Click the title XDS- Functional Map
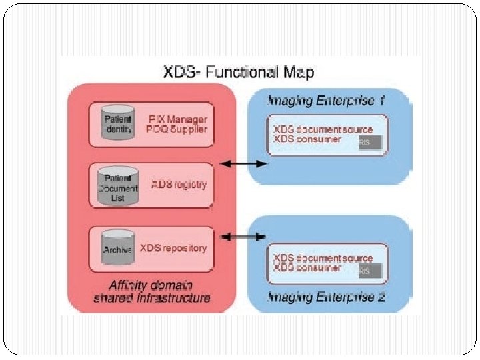tap(239, 71)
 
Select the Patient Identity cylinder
tap(118, 123)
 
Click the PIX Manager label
tap(178, 118)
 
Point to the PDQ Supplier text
tap(178, 129)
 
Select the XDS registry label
tap(179, 184)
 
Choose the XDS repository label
tap(173, 248)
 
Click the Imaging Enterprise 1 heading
tap(327, 101)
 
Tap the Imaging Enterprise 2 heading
tap(327, 297)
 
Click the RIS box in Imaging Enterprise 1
tap(369, 142)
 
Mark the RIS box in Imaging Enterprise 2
tap(369, 271)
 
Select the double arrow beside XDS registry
tap(243, 163)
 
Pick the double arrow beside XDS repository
tap(243, 236)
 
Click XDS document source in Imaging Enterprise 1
tap(323, 129)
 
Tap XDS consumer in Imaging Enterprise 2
tap(307, 267)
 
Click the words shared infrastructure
tap(152, 298)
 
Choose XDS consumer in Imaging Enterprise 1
tap(307, 139)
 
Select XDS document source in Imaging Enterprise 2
tap(323, 258)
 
